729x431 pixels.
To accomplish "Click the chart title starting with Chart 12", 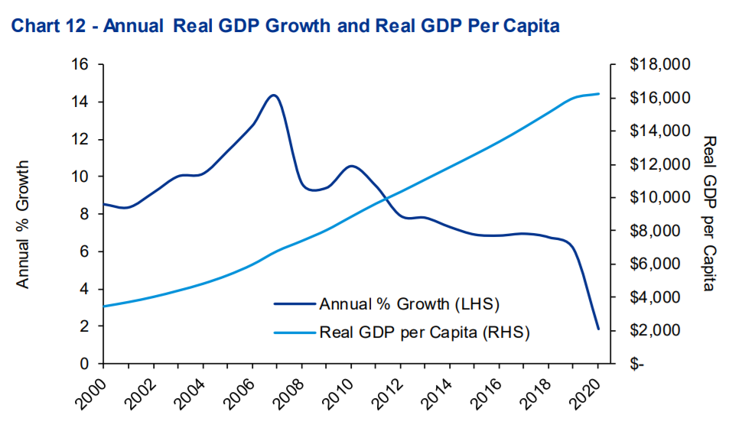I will tap(284, 27).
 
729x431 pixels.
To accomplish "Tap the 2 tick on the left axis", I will tap(86, 326).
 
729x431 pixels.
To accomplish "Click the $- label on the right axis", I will tap(637, 364).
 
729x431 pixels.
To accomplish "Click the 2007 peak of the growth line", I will tap(273, 96).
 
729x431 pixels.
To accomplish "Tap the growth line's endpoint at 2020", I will tap(598, 329).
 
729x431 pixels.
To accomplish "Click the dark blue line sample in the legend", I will tap(294, 304).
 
